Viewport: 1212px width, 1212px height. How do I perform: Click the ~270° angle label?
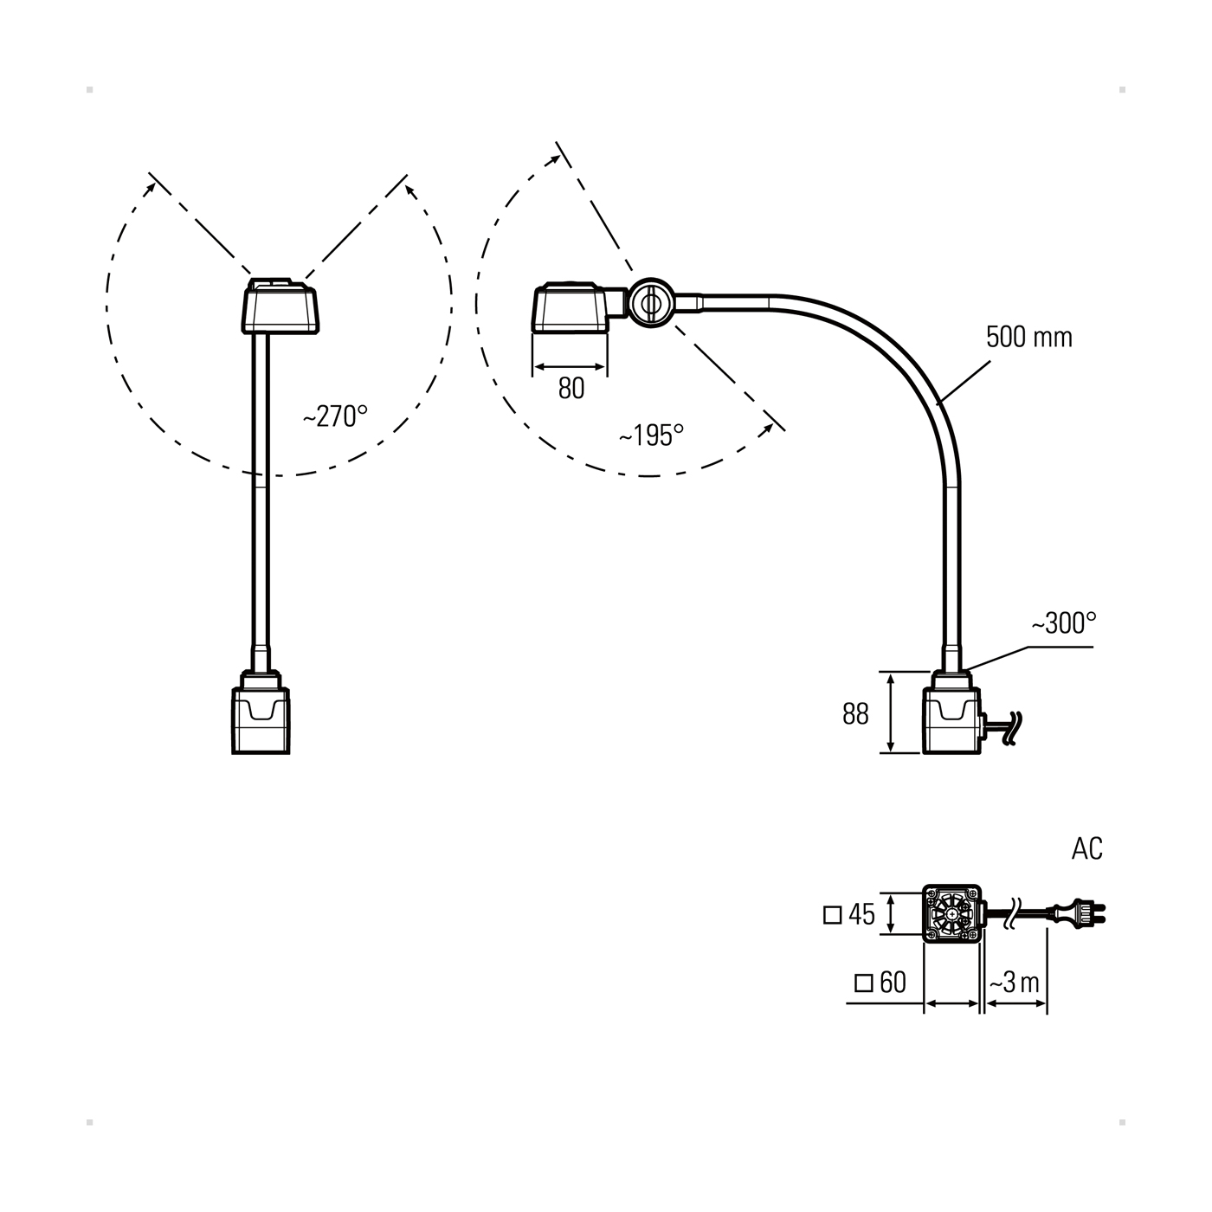click(x=335, y=416)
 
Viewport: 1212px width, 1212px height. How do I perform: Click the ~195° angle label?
click(x=651, y=435)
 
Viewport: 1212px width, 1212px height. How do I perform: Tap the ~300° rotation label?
click(x=1063, y=622)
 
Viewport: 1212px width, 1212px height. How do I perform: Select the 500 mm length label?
click(x=1028, y=336)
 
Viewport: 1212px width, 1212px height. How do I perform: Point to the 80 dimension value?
click(x=571, y=389)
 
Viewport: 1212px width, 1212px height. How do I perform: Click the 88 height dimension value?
click(x=855, y=714)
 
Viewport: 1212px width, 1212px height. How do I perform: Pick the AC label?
click(x=1087, y=849)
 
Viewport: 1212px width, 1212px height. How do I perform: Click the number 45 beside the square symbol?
click(x=862, y=914)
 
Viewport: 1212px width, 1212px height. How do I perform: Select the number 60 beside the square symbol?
click(x=893, y=983)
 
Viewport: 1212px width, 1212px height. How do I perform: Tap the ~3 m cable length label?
click(x=1015, y=983)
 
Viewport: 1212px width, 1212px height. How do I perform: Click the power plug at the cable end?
click(x=1079, y=913)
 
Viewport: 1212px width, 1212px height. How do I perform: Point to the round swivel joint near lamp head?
click(x=649, y=302)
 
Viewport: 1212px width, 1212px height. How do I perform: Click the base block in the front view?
click(x=261, y=719)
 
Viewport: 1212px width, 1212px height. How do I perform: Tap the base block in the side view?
click(x=952, y=719)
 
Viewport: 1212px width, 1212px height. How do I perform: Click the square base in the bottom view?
click(x=952, y=914)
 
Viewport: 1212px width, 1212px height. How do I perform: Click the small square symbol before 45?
click(x=833, y=914)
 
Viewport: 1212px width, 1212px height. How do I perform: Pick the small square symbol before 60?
click(x=863, y=983)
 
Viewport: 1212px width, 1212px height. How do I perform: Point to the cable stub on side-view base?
click(x=1004, y=726)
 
